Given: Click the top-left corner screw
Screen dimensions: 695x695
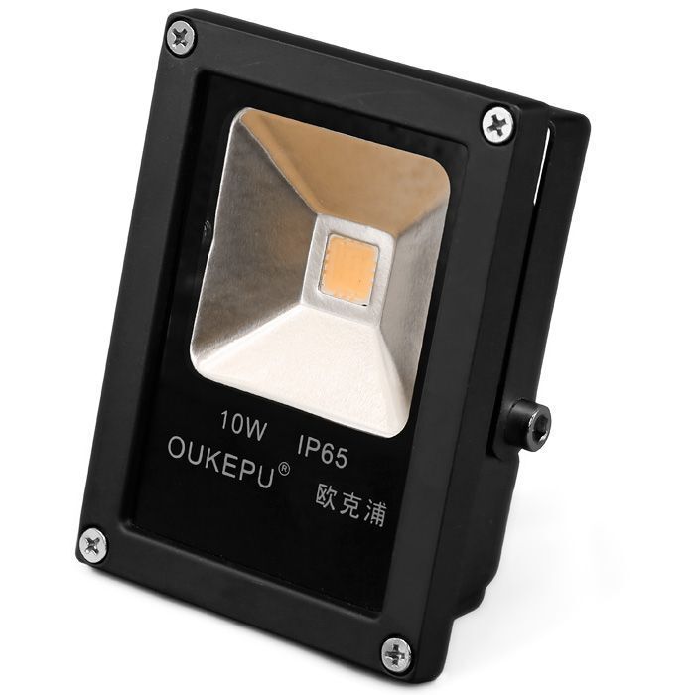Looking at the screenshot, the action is coord(182,38).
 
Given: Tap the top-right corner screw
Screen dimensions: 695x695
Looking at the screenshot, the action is coord(498,123).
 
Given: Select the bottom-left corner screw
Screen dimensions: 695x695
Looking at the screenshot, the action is coord(94,545).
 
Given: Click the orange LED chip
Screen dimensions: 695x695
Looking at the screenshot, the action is coord(353,269).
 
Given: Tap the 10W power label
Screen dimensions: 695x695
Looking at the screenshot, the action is coord(244,426).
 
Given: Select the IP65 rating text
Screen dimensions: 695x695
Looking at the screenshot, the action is coord(323,451).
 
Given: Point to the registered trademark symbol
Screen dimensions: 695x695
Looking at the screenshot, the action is coord(283,470).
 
